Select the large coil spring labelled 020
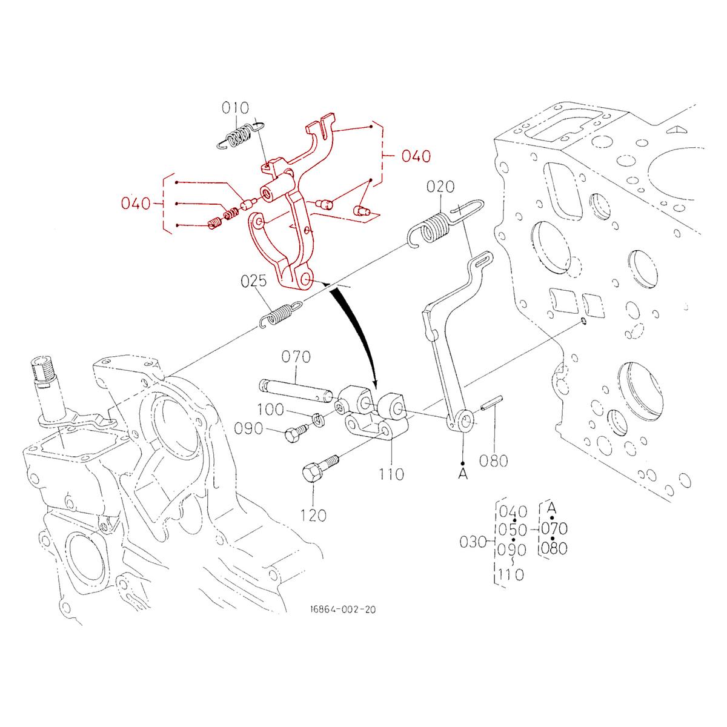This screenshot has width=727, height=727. [431, 227]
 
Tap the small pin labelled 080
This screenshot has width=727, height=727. [492, 403]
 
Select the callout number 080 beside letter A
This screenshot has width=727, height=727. [493, 462]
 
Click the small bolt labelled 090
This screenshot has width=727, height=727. [294, 431]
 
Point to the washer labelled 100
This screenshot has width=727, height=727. [316, 417]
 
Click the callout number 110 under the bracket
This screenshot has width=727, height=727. [391, 474]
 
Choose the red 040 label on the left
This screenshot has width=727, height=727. [136, 204]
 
